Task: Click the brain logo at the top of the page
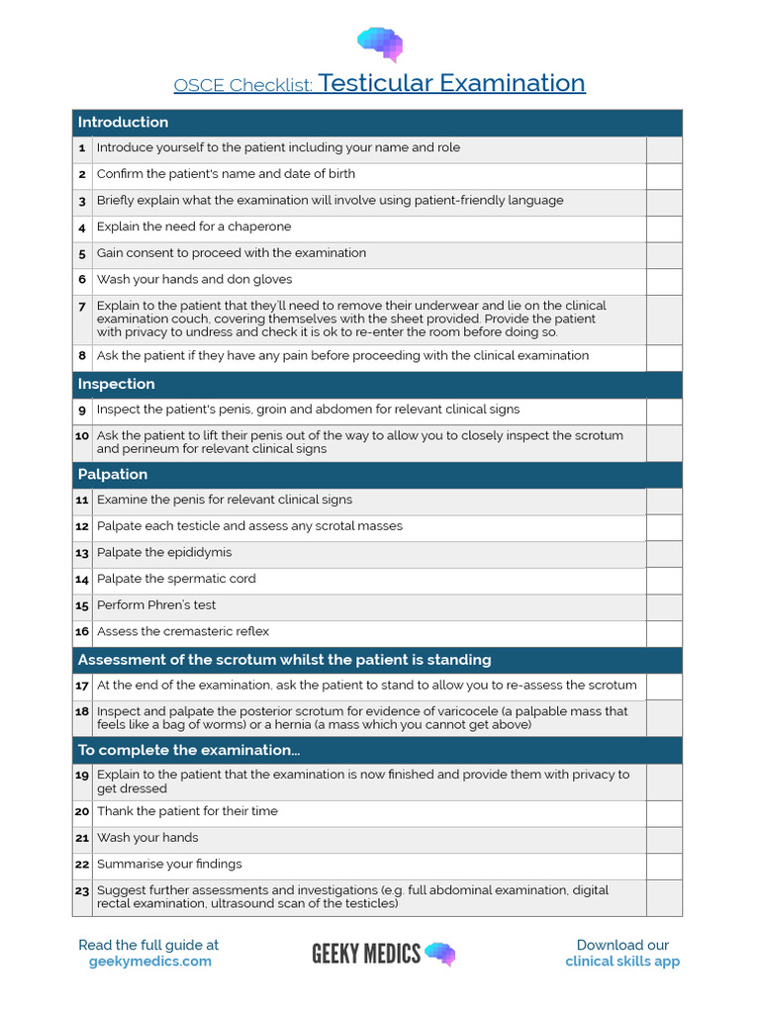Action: [380, 45]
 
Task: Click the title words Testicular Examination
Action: [452, 83]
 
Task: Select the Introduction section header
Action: [123, 123]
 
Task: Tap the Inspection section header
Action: [116, 384]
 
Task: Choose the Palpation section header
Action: [113, 475]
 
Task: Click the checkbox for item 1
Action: [664, 148]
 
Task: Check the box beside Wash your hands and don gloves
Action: [664, 280]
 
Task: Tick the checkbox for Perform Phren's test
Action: [664, 605]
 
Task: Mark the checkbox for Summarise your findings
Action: [664, 865]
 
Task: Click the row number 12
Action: [82, 527]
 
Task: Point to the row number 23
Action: [82, 891]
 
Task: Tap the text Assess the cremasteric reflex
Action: [183, 632]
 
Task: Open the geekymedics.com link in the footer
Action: [149, 962]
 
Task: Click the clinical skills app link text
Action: [622, 962]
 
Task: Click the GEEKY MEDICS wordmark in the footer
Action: [366, 954]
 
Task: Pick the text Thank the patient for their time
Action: [187, 811]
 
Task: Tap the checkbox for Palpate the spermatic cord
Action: [664, 580]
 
